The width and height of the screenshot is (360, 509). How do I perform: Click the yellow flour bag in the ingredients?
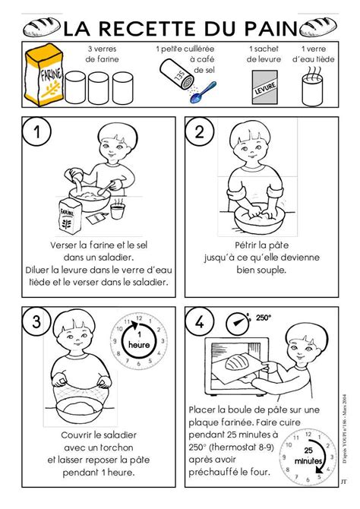(x=44, y=75)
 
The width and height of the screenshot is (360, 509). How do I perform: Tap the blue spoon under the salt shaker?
(x=203, y=93)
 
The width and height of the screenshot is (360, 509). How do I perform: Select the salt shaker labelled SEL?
(x=177, y=74)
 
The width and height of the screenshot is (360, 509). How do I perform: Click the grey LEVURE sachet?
(x=265, y=87)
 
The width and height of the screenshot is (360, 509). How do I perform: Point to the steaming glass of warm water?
(x=312, y=87)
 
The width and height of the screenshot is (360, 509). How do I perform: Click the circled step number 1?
(x=36, y=131)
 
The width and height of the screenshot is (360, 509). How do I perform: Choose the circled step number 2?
(x=199, y=131)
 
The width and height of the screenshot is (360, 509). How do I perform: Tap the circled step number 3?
(x=36, y=321)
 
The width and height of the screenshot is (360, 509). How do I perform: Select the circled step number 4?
(x=199, y=321)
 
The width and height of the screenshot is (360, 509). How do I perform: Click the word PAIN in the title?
(x=271, y=28)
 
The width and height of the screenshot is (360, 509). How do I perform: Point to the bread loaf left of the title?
(x=42, y=27)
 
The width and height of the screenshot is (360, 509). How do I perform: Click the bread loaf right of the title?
(x=318, y=27)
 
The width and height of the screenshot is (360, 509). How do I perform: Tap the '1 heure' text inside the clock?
(x=139, y=340)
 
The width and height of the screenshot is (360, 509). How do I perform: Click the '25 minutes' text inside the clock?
(x=308, y=455)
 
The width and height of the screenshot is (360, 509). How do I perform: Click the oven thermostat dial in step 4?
(x=238, y=324)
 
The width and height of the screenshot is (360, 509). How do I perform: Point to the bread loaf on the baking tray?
(x=237, y=362)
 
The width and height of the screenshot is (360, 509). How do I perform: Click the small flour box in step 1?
(x=69, y=216)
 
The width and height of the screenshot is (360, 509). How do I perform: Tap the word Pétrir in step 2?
(x=246, y=245)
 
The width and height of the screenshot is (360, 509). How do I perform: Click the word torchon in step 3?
(x=116, y=447)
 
